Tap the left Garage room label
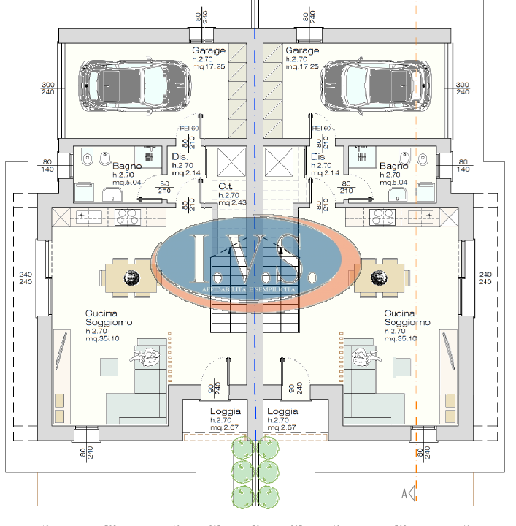pyautogui.click(x=209, y=50)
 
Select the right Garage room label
pyautogui.click(x=302, y=50)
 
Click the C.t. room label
pyautogui.click(x=226, y=186)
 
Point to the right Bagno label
pyautogui.click(x=394, y=167)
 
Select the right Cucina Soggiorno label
pyautogui.click(x=407, y=318)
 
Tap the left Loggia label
pyautogui.click(x=225, y=412)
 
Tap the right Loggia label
pyautogui.click(x=282, y=412)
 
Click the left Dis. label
pyautogui.click(x=180, y=157)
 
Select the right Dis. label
pyautogui.click(x=318, y=157)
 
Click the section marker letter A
pyautogui.click(x=404, y=494)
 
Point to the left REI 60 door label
pyautogui.click(x=189, y=128)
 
